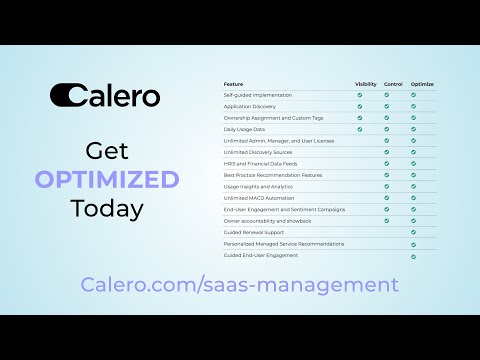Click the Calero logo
(105, 95)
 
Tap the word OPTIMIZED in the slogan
(106, 180)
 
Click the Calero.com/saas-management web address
(240, 285)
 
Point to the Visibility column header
(366, 83)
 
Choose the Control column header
(393, 83)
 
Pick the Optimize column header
(421, 83)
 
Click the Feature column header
(233, 83)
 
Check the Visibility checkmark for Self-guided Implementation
(360, 95)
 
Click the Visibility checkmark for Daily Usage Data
(360, 129)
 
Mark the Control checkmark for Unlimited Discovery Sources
(387, 152)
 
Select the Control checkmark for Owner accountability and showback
(387, 220)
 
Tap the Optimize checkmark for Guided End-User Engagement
(414, 255)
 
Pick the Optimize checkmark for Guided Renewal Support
(414, 232)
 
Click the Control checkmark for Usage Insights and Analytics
(387, 186)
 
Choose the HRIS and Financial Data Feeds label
(262, 163)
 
